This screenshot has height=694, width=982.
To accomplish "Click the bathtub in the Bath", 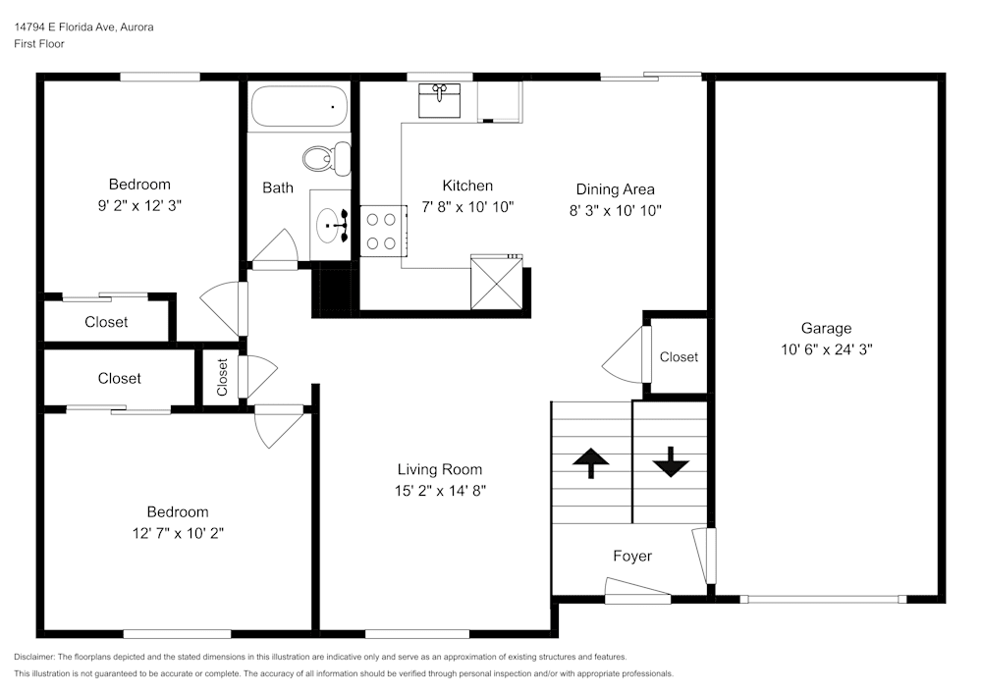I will coord(300,107).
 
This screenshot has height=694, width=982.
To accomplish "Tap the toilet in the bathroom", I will coord(324,158).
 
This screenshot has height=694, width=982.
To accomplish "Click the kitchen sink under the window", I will coord(440,100).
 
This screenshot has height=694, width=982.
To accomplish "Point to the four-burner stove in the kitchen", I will coord(381,231).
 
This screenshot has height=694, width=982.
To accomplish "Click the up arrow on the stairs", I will coord(590,462).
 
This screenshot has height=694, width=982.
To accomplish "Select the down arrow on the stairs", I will coord(671,462).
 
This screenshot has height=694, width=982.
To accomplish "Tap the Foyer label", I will coord(632,556).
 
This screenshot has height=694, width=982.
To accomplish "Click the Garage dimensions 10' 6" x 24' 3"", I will coord(826,348).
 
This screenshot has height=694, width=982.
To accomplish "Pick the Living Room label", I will coord(440,469).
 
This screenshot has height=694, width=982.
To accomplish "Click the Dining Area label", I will coord(615,189).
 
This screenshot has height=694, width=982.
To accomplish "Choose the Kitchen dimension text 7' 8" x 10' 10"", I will coord(467,206).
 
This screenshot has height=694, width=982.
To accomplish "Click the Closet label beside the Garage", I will coord(679,356).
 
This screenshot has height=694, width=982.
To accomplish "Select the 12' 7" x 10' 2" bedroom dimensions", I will coord(178,532).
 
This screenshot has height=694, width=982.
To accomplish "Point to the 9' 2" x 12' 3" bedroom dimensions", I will coord(139,205).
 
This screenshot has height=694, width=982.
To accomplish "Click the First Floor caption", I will coord(39,44).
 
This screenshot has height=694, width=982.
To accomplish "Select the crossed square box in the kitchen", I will coord(496,282).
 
